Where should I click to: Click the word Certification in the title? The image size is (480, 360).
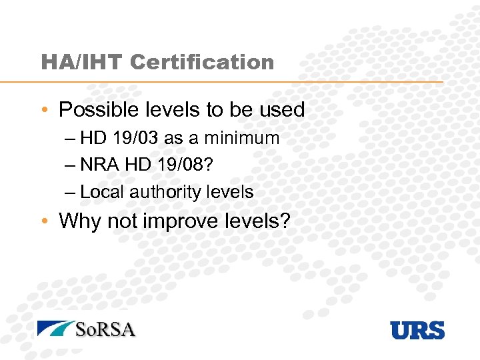coord(202,63)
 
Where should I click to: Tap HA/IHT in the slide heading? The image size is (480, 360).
coord(82,63)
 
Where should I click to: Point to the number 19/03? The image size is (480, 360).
coord(135,139)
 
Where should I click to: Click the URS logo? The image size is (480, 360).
coord(417,330)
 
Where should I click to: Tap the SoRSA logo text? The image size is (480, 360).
coord(105,329)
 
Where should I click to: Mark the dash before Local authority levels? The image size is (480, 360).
coord(71,193)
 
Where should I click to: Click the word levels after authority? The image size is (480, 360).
coord(230,192)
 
